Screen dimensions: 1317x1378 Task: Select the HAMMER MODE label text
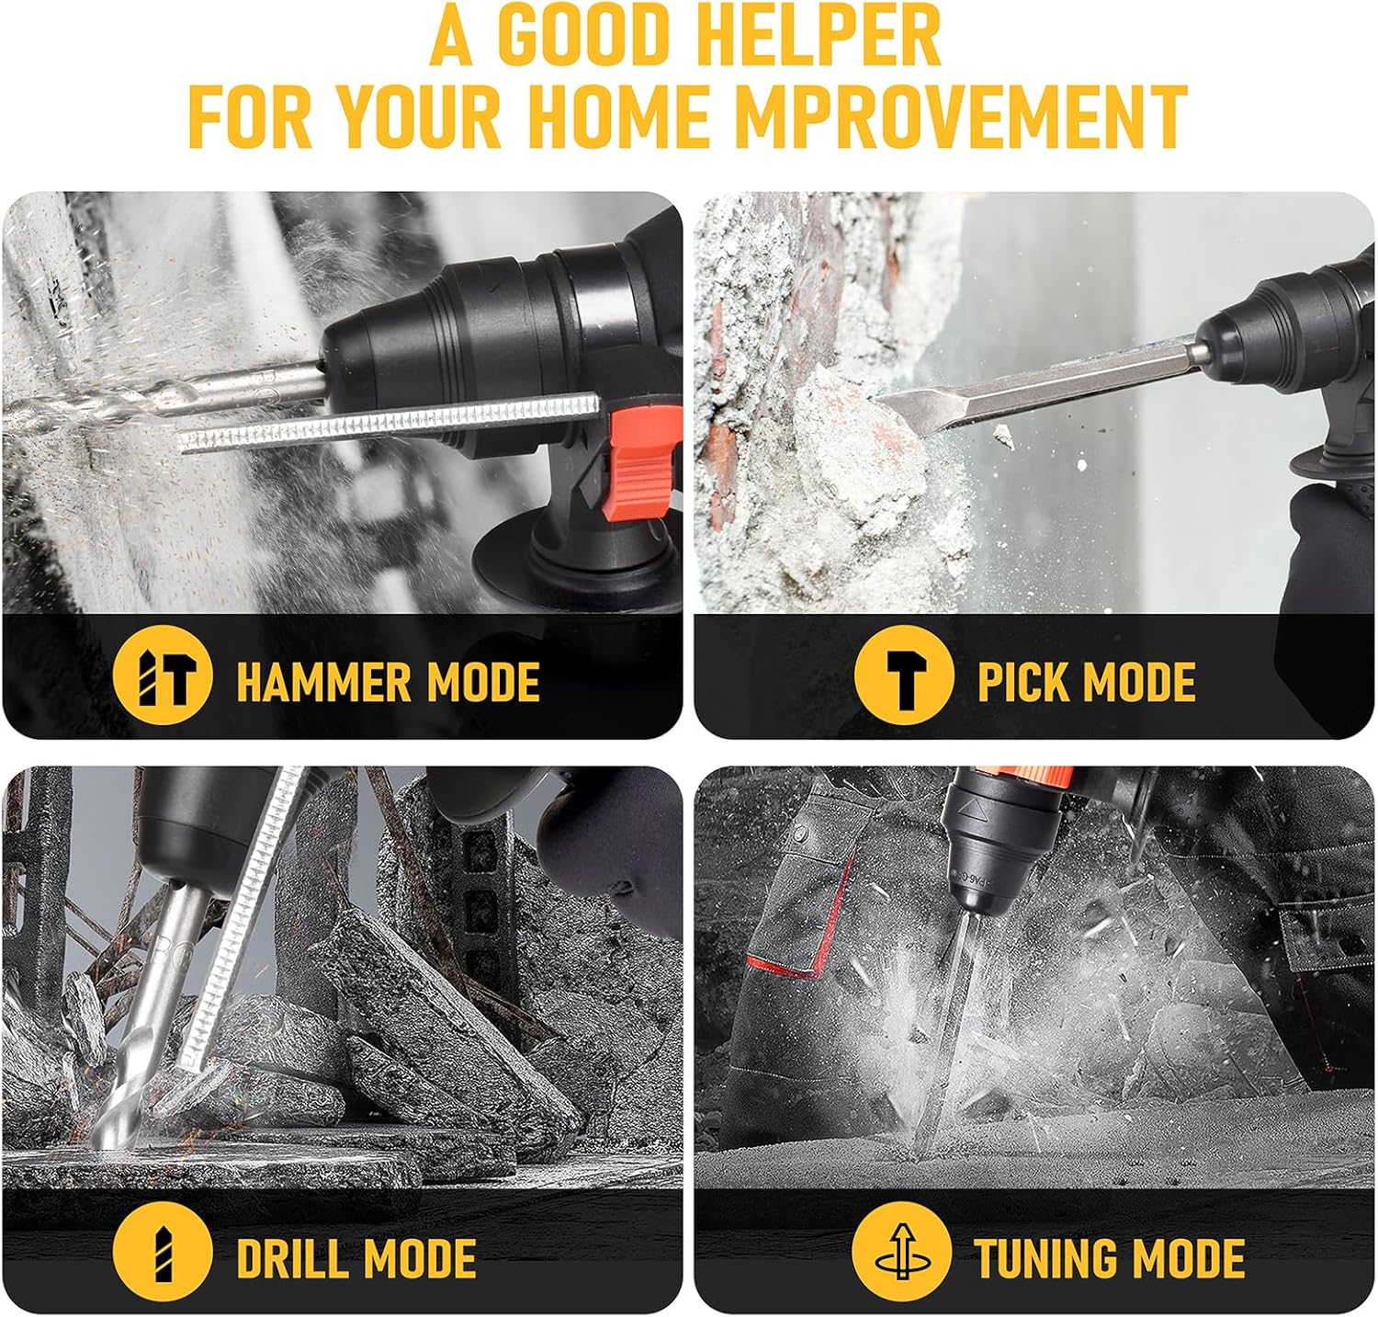click(388, 682)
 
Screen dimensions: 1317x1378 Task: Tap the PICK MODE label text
click(1086, 682)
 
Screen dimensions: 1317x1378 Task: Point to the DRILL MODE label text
click(356, 1258)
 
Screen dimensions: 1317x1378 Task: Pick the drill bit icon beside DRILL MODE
click(163, 1254)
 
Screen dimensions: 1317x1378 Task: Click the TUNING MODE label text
click(1110, 1258)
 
